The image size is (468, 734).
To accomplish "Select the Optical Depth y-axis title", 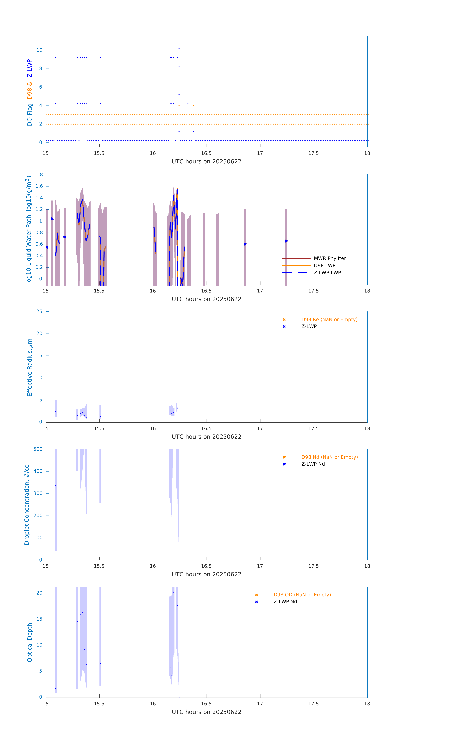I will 30,642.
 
